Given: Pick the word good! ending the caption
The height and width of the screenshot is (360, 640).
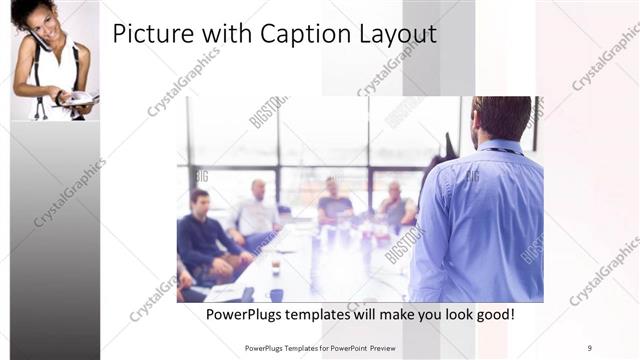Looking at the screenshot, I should tap(493, 315).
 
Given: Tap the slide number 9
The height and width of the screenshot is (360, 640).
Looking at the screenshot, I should tap(590, 348).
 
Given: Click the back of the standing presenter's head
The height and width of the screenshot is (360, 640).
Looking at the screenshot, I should tap(500, 116).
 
